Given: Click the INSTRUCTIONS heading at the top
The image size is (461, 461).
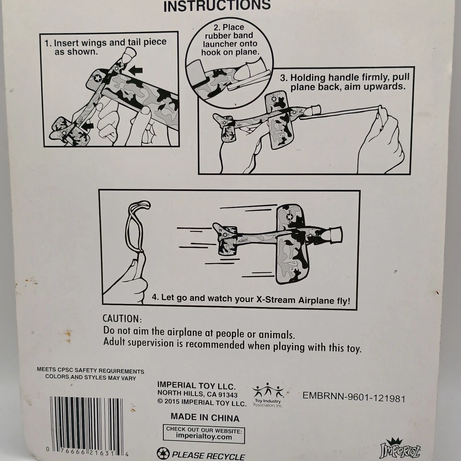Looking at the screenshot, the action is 217,5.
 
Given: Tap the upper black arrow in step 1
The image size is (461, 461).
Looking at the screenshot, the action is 135,70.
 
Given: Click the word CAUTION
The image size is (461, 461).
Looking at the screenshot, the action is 122,318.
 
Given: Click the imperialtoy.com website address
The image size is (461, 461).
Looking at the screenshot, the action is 204,437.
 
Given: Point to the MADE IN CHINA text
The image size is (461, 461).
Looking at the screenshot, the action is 205,417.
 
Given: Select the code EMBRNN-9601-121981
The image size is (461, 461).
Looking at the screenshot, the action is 354,397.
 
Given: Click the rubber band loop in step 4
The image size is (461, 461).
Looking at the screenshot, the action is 137,226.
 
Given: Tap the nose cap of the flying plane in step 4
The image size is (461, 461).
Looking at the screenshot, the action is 335,235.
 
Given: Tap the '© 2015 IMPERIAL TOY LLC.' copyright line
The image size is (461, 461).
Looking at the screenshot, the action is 202,403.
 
